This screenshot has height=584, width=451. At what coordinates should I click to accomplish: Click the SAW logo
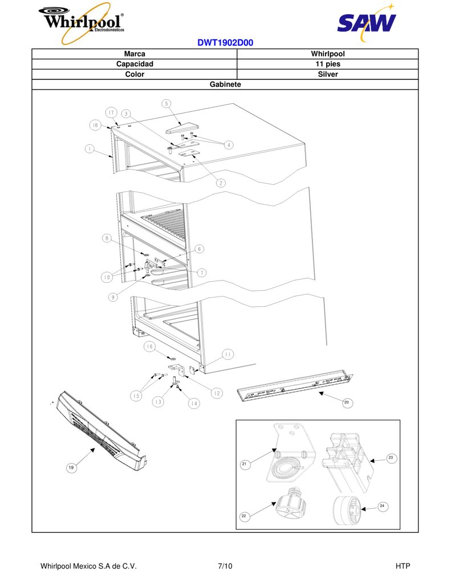[367, 22]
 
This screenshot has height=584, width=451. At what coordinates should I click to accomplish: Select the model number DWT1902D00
[225, 42]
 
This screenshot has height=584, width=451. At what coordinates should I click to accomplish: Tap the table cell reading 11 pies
[328, 64]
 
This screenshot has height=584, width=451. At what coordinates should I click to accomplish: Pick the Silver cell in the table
[328, 74]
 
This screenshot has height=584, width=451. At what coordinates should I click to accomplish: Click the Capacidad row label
[135, 64]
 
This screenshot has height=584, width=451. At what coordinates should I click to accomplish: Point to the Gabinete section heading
[225, 84]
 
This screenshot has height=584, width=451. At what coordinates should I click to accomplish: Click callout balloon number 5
[166, 104]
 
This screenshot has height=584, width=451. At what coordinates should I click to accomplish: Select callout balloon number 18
[95, 125]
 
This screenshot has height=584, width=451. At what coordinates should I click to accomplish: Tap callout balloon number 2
[221, 183]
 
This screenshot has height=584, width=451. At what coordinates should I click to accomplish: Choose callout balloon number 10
[107, 277]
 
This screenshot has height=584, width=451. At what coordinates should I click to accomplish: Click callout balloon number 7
[201, 273]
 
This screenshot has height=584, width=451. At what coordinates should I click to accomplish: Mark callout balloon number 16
[149, 347]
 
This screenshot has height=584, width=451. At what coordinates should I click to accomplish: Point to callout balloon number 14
[194, 403]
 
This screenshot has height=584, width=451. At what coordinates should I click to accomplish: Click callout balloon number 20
[347, 403]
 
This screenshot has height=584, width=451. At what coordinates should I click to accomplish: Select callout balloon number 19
[71, 468]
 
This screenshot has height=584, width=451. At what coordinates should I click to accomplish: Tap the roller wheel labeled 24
[346, 510]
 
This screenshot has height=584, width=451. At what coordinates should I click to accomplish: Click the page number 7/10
[225, 566]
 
